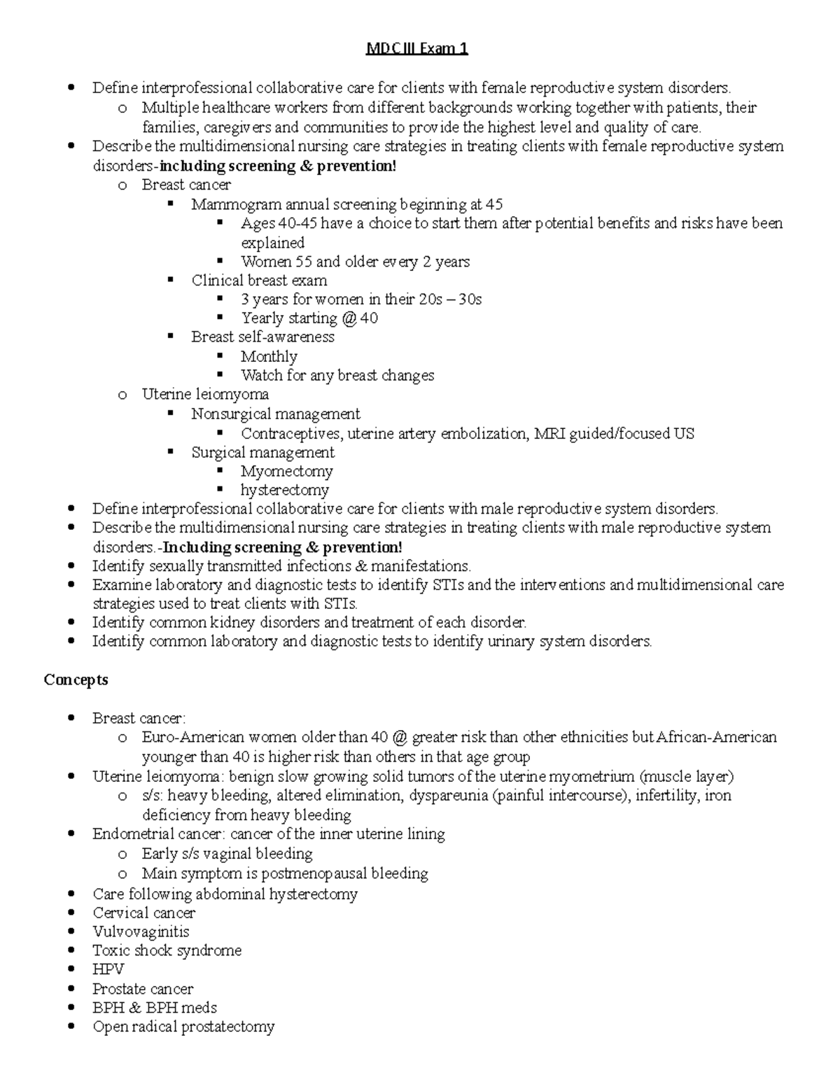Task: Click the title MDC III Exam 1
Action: (418, 48)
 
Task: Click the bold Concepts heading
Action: (76, 680)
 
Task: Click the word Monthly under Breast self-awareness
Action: (269, 356)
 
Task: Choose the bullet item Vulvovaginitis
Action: (141, 932)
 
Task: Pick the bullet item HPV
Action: (108, 969)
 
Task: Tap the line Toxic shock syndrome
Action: (167, 951)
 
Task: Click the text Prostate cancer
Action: (143, 988)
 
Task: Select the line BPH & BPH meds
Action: (154, 1007)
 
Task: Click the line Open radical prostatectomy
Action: (183, 1027)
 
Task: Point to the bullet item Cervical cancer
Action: (143, 913)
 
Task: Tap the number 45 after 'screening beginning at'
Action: (493, 204)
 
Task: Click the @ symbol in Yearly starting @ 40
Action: (349, 318)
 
